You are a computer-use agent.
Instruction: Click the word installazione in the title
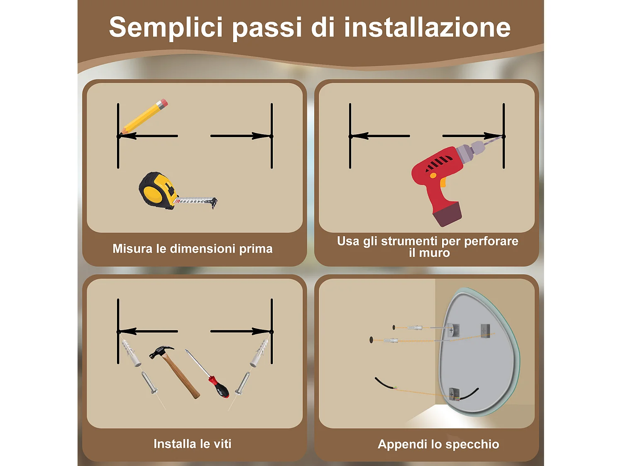(427, 27)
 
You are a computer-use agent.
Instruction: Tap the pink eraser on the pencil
(163, 103)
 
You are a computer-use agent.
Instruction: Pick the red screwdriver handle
(219, 387)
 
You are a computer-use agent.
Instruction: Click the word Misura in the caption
(132, 249)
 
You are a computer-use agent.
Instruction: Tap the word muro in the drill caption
(435, 253)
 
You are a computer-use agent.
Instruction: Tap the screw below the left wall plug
(149, 383)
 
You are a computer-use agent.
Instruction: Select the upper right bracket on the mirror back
(485, 330)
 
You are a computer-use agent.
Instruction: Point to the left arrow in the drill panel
(379, 136)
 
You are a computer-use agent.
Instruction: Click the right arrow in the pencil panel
(241, 136)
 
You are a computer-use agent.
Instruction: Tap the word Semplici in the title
(166, 27)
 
